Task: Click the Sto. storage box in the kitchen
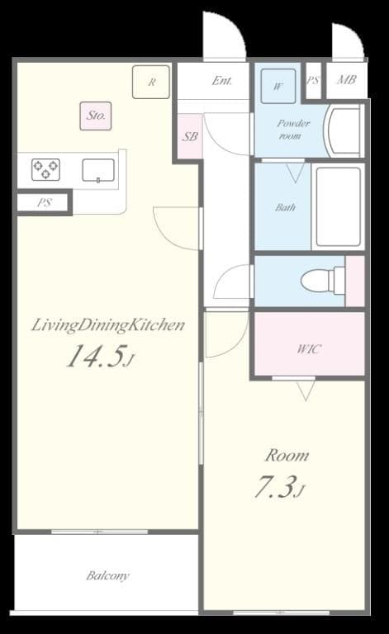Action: coord(96,116)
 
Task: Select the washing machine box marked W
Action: coord(278,85)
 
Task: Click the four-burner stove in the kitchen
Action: coord(45,169)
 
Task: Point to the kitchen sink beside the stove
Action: coord(98,170)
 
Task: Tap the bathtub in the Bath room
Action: coord(339,207)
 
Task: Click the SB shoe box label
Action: coord(190,136)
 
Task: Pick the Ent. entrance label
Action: coord(221,81)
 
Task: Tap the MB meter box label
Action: coord(346,81)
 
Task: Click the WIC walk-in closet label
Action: coord(308,348)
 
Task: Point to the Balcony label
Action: coord(107,575)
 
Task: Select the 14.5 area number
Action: coord(97,357)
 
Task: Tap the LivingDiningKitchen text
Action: coord(107,324)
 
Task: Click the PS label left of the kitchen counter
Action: coord(42,202)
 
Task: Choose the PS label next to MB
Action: coord(312,81)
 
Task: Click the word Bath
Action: coord(285,207)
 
